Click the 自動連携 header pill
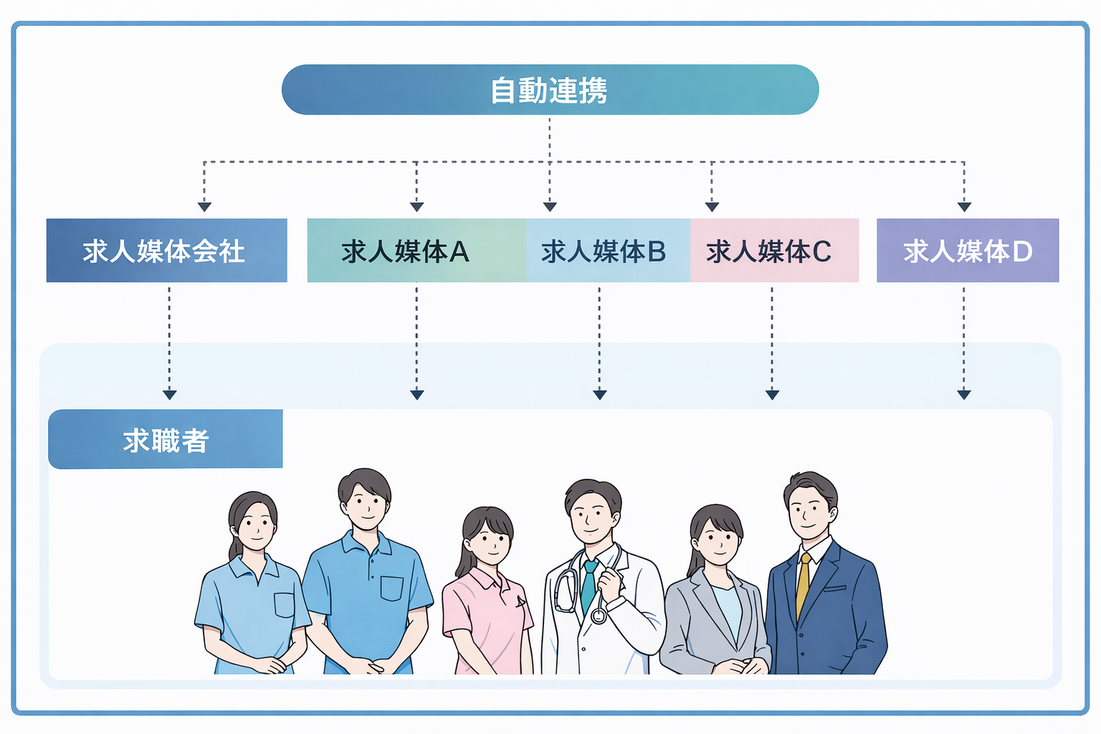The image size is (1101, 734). [x=550, y=90]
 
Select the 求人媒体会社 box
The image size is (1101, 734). [x=166, y=251]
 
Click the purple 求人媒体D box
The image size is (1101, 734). [x=967, y=251]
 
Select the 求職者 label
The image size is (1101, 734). [x=166, y=439]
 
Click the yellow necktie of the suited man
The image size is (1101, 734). [x=804, y=584]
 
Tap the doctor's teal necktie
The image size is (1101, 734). [x=588, y=584]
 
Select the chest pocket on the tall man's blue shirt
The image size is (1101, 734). [x=391, y=588]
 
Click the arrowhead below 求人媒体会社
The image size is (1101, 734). [x=170, y=394]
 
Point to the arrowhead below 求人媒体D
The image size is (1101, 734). [x=964, y=394]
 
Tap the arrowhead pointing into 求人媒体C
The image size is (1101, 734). [x=712, y=206]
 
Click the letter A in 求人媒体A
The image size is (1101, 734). [x=459, y=252]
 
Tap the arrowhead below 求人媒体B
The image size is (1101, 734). [x=600, y=394]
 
